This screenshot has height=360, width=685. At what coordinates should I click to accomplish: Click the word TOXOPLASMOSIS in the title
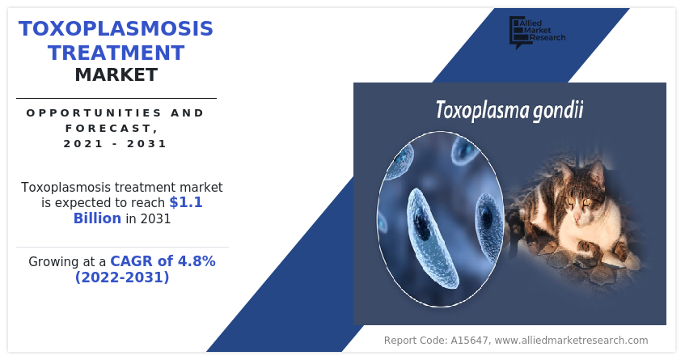pyautogui.click(x=116, y=29)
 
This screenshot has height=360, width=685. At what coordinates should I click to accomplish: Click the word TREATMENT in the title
pyautogui.click(x=116, y=53)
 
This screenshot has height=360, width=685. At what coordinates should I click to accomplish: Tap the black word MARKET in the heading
pyautogui.click(x=116, y=75)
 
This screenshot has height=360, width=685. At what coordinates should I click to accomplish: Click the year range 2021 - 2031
pyautogui.click(x=116, y=143)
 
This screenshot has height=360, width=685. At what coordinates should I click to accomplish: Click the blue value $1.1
pyautogui.click(x=186, y=202)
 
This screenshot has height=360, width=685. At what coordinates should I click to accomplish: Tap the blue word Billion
pyautogui.click(x=97, y=218)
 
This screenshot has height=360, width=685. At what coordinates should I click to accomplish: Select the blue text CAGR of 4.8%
pyautogui.click(x=163, y=261)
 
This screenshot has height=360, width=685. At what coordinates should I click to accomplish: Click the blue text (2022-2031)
pyautogui.click(x=121, y=277)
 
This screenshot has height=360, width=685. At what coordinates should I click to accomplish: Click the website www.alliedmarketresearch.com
pyautogui.click(x=571, y=341)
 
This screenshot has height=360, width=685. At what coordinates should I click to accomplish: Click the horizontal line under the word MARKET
pyautogui.click(x=116, y=98)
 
